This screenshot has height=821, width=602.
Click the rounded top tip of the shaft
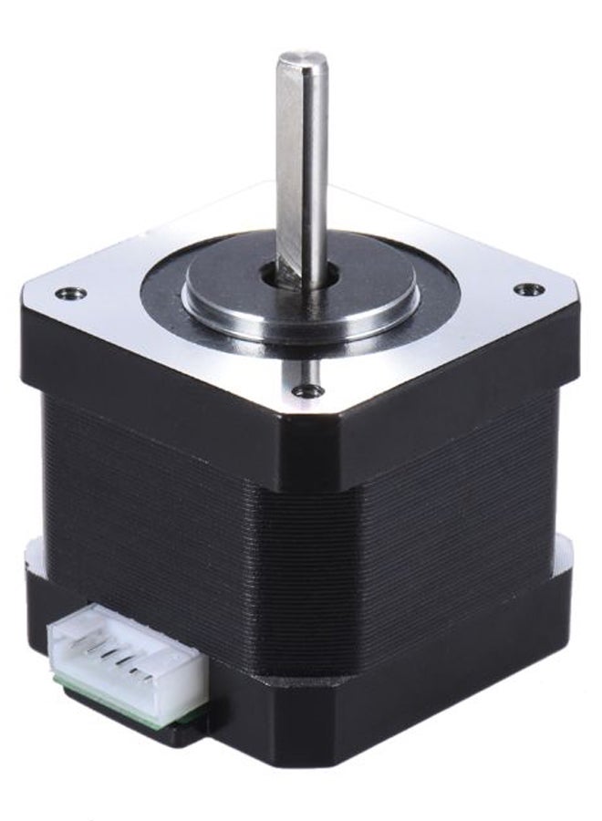pos(303,60)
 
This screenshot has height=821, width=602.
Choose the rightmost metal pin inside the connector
pos(143,673)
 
